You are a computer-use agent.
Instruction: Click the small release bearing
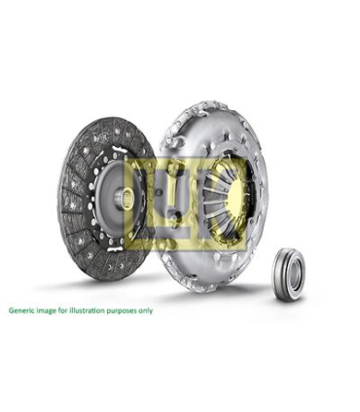(x=288, y=275)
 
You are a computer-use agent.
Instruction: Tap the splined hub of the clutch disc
(x=125, y=198)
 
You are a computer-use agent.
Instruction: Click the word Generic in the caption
(x=19, y=310)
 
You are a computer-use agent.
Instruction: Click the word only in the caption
(x=145, y=311)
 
